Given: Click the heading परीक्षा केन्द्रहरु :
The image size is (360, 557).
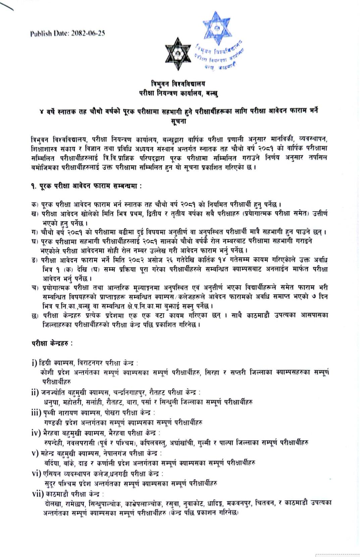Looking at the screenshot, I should (52, 343).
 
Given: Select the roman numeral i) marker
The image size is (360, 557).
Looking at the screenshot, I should (34, 363).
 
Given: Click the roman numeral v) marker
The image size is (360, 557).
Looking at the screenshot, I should (35, 453).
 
